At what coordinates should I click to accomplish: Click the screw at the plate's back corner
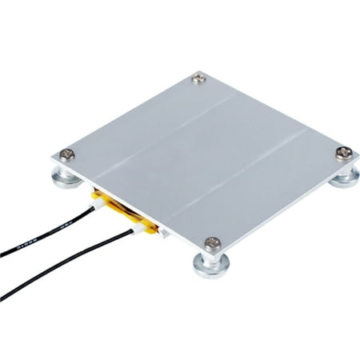click(198, 78)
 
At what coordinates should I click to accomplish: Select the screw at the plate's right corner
click(342, 152)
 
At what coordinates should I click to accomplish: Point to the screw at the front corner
click(211, 242)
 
